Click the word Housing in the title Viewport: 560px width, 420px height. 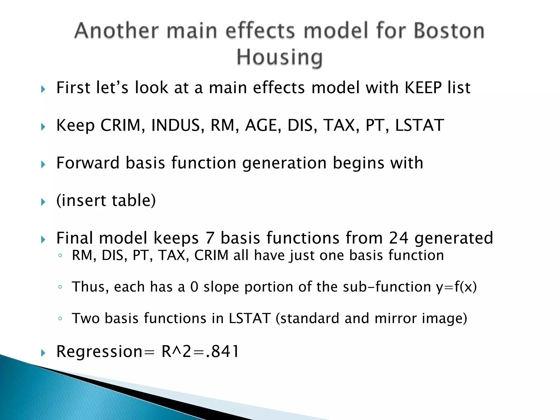point(279,57)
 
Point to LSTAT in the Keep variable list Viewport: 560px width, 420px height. point(419,126)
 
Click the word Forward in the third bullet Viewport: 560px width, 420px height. point(88,163)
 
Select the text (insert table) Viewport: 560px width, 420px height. point(106,200)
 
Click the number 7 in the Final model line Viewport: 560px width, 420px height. point(210,238)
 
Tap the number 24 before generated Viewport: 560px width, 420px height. point(399,238)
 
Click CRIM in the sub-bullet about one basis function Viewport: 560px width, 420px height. point(211,255)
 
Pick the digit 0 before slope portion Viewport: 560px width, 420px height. point(194,287)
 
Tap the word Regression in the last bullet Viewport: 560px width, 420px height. point(99,352)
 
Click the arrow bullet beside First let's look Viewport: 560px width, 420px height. point(43,89)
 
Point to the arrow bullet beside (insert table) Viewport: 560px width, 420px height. point(43,202)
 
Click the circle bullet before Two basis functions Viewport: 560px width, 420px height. point(60,319)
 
